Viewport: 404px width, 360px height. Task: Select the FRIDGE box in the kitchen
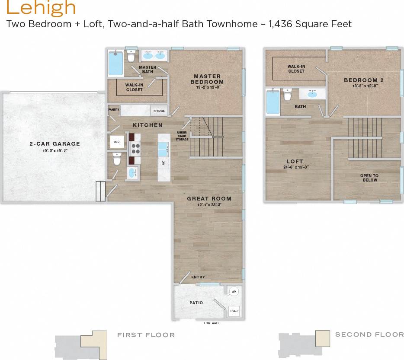click(159, 111)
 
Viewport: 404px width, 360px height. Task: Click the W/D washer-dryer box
click(117, 141)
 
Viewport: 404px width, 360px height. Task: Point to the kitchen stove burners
click(135, 149)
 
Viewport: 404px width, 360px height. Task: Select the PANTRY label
click(113, 110)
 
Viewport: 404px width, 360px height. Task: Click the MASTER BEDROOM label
click(207, 79)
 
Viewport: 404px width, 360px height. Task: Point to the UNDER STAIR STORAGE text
click(182, 136)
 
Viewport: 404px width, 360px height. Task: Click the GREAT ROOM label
click(209, 199)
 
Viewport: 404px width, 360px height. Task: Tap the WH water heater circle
click(234, 292)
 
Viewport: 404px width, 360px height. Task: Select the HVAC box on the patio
click(234, 311)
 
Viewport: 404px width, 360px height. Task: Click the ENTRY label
click(198, 277)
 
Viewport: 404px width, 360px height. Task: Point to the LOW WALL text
click(211, 323)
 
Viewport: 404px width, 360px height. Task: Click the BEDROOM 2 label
click(364, 80)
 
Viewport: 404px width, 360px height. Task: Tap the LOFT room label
click(295, 162)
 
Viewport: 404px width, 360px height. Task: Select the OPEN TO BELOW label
click(369, 178)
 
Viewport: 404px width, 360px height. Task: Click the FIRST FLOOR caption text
click(146, 335)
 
